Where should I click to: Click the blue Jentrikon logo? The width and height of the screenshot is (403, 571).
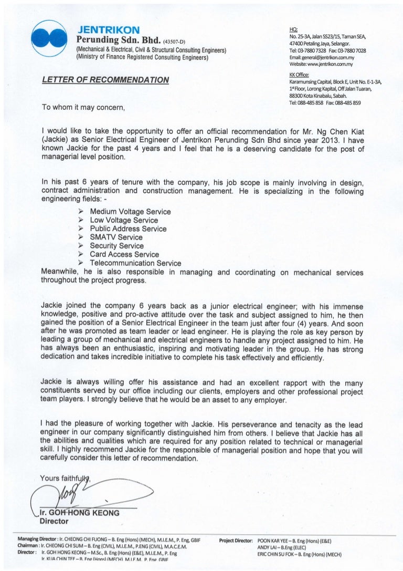coord(48,36)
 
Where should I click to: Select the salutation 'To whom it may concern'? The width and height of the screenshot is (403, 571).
coord(84,108)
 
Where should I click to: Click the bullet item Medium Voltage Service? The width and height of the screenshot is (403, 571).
coord(130,212)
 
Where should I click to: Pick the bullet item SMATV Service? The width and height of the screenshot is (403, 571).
coord(116,237)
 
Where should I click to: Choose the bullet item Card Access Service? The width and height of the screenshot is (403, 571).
coord(124,254)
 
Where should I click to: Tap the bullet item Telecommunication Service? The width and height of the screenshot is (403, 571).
coord(135,263)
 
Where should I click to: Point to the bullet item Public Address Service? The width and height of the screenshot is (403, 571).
coord(128,229)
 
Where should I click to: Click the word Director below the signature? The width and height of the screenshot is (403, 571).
coord(55,522)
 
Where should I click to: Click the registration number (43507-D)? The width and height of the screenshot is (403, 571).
coord(179,41)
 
